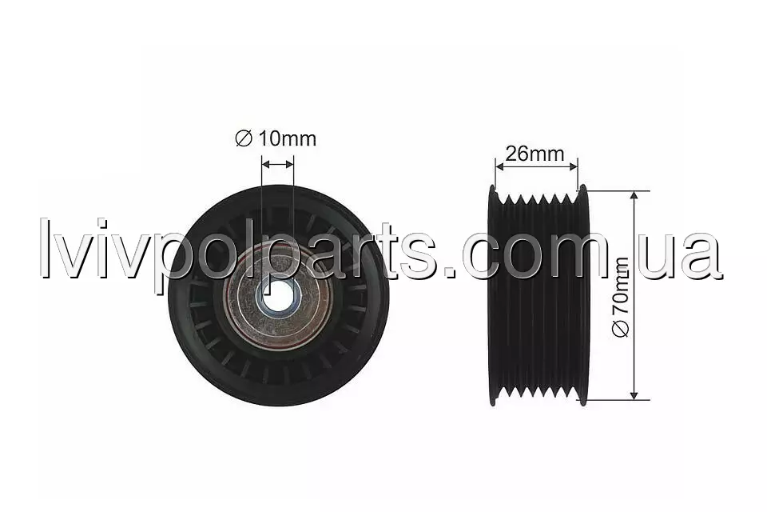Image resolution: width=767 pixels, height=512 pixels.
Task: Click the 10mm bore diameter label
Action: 276,138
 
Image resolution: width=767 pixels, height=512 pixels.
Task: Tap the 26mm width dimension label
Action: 535,154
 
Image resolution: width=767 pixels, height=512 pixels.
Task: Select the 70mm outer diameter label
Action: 621,298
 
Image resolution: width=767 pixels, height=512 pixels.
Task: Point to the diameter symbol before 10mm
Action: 243,138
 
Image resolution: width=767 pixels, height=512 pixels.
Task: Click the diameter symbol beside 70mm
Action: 622,330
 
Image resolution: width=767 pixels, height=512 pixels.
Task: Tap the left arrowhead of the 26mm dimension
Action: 499,166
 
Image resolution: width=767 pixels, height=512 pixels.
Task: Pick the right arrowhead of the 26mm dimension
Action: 574,166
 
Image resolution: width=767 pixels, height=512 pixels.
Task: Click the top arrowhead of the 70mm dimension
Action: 634,195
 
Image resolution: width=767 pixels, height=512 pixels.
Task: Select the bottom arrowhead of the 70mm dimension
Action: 634,395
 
